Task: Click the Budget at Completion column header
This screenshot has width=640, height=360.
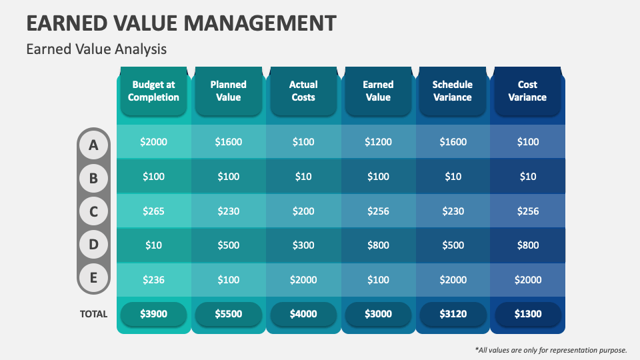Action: (x=153, y=91)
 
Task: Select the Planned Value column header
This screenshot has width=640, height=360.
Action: (x=228, y=91)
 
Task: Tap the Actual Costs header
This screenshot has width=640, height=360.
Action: (x=303, y=91)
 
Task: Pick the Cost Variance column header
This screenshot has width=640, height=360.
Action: (x=527, y=91)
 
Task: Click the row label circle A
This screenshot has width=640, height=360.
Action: (x=94, y=144)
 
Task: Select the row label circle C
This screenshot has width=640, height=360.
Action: (x=94, y=212)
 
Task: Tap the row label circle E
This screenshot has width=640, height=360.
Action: (x=94, y=279)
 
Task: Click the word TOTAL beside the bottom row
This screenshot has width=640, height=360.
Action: (x=93, y=314)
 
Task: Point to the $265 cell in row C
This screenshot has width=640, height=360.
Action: (x=153, y=211)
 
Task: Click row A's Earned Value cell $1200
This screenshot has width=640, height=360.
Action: (x=378, y=141)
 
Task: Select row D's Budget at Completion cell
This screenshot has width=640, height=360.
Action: (x=153, y=245)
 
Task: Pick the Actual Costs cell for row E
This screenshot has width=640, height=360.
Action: (x=303, y=279)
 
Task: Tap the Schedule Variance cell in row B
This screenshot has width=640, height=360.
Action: (x=453, y=176)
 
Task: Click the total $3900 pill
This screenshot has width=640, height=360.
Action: (x=153, y=314)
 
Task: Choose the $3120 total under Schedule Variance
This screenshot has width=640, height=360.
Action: (x=453, y=314)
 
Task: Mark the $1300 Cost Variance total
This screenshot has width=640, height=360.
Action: (x=527, y=314)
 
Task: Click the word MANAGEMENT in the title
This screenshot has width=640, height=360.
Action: (x=260, y=23)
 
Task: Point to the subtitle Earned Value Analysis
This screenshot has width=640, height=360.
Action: (x=96, y=49)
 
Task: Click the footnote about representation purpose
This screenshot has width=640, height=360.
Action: (x=551, y=349)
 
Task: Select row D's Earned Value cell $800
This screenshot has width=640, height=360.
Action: (x=378, y=245)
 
